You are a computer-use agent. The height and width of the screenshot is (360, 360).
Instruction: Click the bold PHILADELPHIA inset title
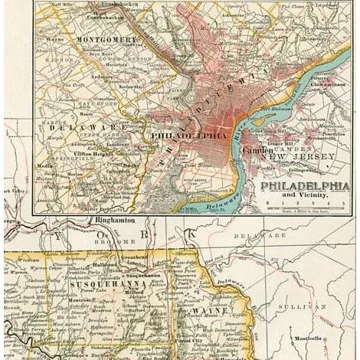[304, 186]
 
